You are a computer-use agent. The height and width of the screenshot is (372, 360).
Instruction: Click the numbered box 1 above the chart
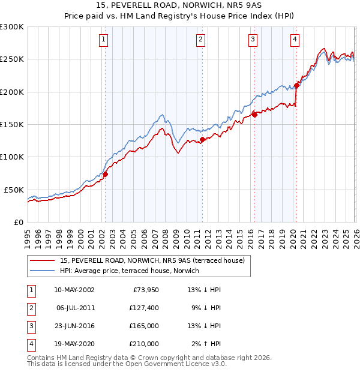click(x=104, y=40)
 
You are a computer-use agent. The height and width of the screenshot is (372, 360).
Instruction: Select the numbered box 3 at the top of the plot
click(x=253, y=40)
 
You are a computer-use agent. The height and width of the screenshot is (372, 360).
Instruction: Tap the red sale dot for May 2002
click(x=105, y=174)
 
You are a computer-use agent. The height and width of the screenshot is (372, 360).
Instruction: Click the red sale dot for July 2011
click(x=202, y=139)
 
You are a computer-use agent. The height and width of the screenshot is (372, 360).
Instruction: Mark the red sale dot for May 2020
click(x=296, y=85)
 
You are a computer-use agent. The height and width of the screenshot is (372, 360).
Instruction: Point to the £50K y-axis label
click(x=14, y=190)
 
